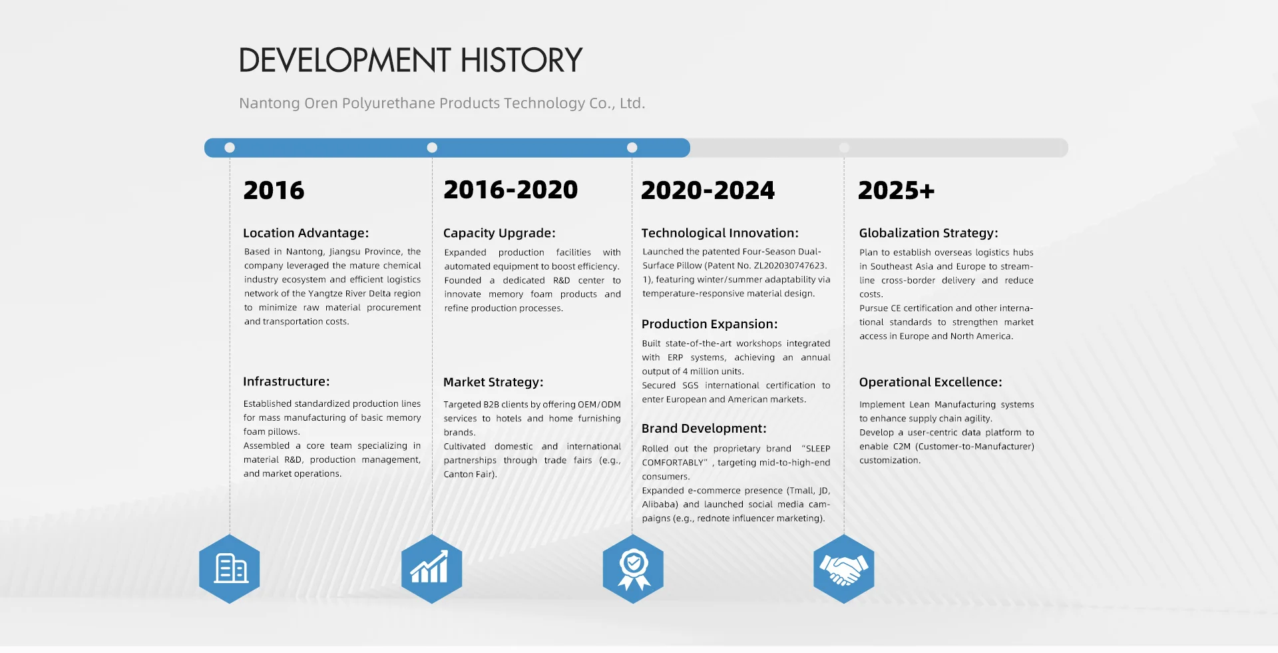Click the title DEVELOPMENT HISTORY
[x=410, y=60]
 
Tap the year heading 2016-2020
[x=511, y=190]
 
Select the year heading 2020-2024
[x=708, y=190]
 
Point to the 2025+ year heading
[x=896, y=190]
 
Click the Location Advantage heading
[x=306, y=233]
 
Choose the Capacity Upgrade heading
[x=499, y=233]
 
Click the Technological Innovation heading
[x=720, y=233]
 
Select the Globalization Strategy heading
[x=928, y=233]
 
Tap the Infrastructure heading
[x=286, y=381]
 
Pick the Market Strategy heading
[x=493, y=382]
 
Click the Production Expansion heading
[x=710, y=324]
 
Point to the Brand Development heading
[x=704, y=429]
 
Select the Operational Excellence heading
[x=930, y=382]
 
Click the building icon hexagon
[x=230, y=569]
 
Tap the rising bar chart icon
[x=431, y=569]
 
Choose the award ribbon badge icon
[x=633, y=569]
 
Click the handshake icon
[x=843, y=569]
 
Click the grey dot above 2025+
[x=844, y=148]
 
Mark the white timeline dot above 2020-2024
[x=632, y=148]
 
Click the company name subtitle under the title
[x=442, y=103]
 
